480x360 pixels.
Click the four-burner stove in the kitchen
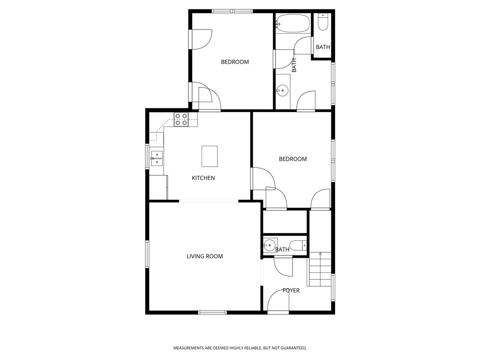(x=181, y=120)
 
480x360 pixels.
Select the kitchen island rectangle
(x=210, y=156)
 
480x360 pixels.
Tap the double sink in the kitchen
(x=157, y=159)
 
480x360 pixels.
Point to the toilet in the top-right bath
(x=323, y=22)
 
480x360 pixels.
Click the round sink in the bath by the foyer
(x=269, y=244)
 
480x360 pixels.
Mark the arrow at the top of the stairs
(x=321, y=254)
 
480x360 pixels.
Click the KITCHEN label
(x=203, y=178)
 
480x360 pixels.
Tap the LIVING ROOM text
(x=204, y=256)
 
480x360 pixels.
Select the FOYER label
(x=291, y=291)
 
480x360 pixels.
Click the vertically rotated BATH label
(x=294, y=65)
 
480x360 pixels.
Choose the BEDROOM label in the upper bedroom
(x=235, y=62)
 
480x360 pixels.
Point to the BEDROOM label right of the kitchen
(x=292, y=159)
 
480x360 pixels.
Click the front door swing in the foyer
(x=277, y=305)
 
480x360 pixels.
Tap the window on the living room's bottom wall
(x=212, y=312)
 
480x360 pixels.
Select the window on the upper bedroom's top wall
(x=232, y=11)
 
